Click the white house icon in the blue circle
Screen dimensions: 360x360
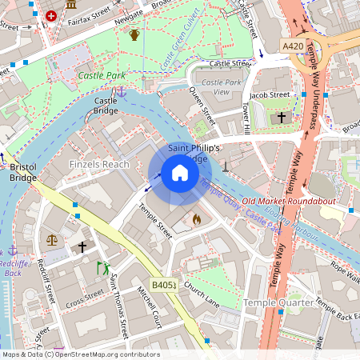(x=180, y=173)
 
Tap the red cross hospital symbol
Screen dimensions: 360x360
(x=52, y=15)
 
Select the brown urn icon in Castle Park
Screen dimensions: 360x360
(x=134, y=34)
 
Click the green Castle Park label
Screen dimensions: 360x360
(x=102, y=75)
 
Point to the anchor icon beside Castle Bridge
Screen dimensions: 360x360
(x=122, y=91)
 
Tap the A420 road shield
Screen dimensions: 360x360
(x=294, y=47)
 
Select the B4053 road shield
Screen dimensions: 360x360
(x=163, y=285)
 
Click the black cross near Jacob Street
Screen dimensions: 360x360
(x=282, y=118)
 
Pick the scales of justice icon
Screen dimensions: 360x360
(x=52, y=239)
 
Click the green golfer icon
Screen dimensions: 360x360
(x=102, y=268)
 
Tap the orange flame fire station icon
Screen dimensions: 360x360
(x=196, y=218)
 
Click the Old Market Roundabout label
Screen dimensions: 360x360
(x=288, y=201)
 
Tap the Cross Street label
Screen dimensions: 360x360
(x=85, y=302)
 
